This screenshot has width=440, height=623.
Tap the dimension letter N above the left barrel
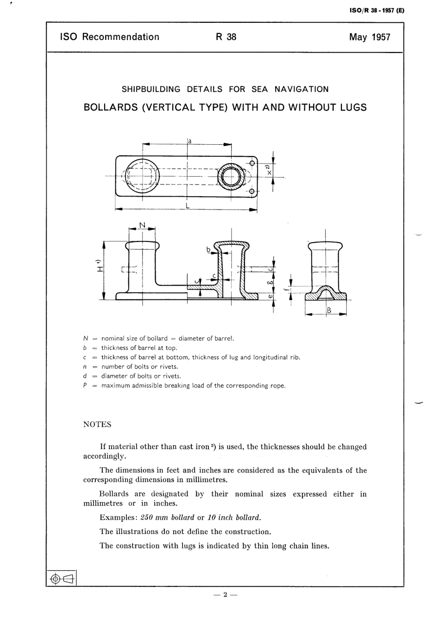pyautogui.click(x=142, y=225)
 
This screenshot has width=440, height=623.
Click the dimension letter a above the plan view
pyautogui.click(x=190, y=140)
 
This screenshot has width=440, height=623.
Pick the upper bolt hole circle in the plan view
pyautogui.click(x=252, y=163)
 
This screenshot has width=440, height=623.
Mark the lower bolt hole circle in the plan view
pyautogui.click(x=252, y=191)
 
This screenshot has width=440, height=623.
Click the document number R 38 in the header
pyautogui.click(x=226, y=37)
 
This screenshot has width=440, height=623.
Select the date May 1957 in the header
pyautogui.click(x=370, y=37)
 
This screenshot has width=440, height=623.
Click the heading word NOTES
pyautogui.click(x=97, y=425)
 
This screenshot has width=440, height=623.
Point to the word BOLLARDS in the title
pyautogui.click(x=111, y=108)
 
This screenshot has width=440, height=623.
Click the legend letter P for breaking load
pyautogui.click(x=85, y=385)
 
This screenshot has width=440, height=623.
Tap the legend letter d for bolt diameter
pyautogui.click(x=85, y=376)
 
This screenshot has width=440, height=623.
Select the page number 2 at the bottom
pyautogui.click(x=225, y=595)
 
